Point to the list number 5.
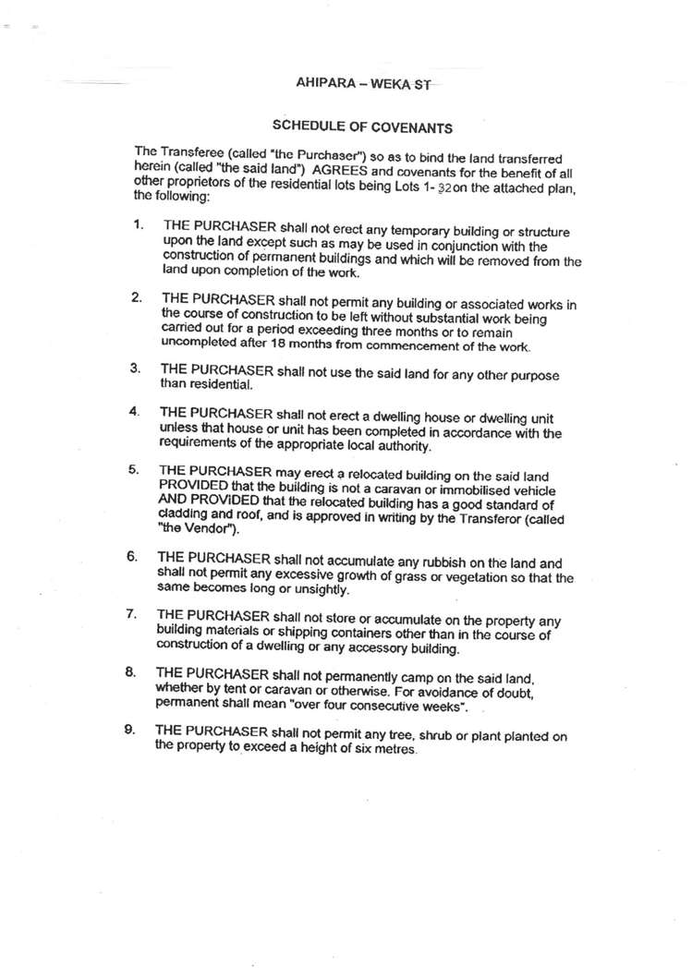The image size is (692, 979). (x=134, y=469)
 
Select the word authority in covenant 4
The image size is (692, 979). (x=404, y=447)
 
